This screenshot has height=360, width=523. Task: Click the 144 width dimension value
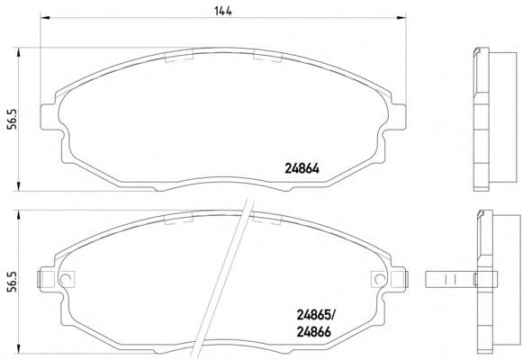tap(223, 11)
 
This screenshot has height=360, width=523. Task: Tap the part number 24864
tap(302, 168)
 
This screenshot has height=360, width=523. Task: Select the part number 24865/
tap(317, 314)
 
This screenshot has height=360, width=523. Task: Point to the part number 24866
tap(313, 332)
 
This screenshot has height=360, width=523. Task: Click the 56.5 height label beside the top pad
tap(13, 120)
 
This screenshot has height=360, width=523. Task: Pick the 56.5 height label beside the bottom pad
tap(13, 282)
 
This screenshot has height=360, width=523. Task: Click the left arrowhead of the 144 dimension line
tap(45, 17)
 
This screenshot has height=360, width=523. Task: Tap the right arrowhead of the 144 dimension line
tap(401, 17)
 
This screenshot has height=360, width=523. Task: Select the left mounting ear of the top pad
tap(50, 117)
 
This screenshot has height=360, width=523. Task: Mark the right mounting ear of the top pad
tap(397, 117)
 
